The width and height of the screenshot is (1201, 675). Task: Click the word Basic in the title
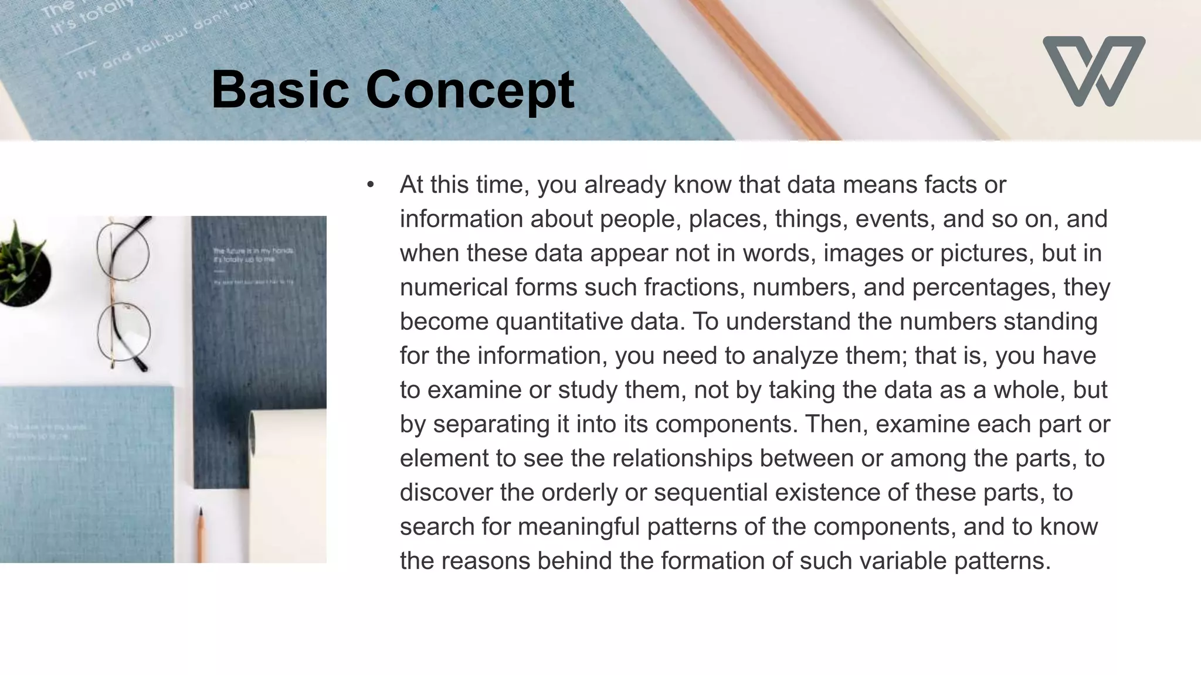click(280, 89)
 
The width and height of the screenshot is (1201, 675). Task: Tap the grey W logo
click(1094, 71)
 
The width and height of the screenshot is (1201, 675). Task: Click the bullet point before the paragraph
click(370, 185)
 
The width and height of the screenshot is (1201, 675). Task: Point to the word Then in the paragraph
click(835, 424)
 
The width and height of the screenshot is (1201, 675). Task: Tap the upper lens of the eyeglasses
click(123, 253)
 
